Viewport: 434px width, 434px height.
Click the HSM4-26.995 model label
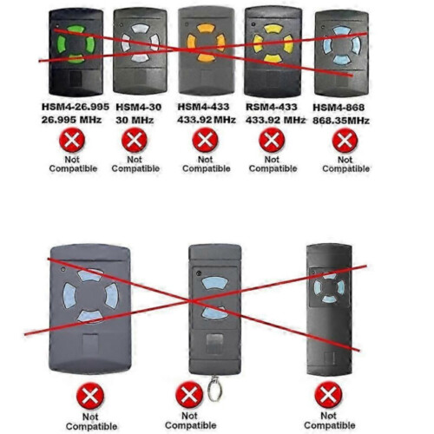[76, 107]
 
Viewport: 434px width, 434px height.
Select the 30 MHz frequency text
[135, 120]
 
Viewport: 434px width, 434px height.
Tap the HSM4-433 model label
[203, 107]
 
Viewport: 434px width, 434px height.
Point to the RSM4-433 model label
[272, 107]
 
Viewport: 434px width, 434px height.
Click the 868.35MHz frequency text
[341, 121]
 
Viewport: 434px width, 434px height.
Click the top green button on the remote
[76, 30]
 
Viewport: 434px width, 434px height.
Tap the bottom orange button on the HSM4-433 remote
[207, 58]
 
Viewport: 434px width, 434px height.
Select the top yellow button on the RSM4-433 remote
[273, 29]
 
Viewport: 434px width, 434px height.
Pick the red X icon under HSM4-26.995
[72, 140]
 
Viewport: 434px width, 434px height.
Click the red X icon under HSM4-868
[345, 141]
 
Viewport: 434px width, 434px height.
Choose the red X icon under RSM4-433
[272, 140]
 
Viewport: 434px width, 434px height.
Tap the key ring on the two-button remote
[215, 389]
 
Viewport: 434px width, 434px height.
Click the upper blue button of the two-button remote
[215, 284]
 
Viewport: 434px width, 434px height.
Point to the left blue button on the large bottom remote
[69, 295]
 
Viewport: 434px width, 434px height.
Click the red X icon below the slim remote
[328, 395]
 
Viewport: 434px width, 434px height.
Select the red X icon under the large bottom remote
[90, 396]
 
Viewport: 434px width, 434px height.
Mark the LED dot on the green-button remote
[58, 25]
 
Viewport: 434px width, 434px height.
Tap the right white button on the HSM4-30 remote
[155, 43]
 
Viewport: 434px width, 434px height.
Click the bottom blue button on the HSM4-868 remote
[342, 60]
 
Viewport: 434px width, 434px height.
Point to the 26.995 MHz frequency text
[71, 120]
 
